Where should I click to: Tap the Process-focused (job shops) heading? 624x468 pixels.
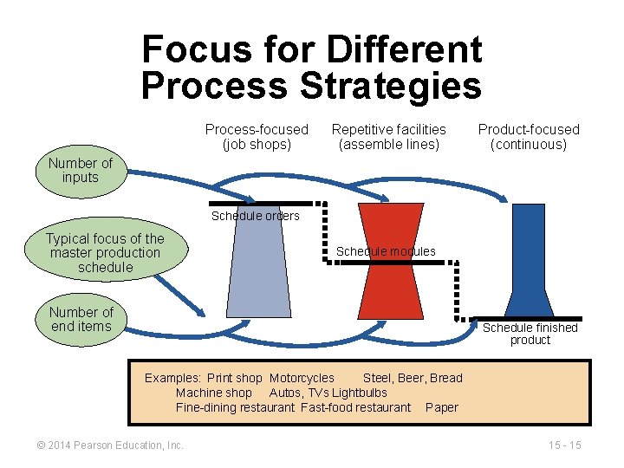pos(257,137)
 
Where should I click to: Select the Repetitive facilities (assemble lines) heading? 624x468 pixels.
pos(389,137)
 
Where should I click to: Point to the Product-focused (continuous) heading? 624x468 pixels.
pos(529,137)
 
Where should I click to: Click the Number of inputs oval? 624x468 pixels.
pos(81,171)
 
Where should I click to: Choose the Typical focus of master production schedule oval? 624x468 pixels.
pos(104,253)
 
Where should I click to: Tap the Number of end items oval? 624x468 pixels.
pos(81,319)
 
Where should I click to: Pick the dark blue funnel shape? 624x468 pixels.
pos(529,260)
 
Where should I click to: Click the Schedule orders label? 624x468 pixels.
pos(255,216)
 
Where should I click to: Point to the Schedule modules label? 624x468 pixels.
pos(386,251)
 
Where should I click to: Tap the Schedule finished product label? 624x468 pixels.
pos(530,334)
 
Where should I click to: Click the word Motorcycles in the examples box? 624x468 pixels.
pos(302,378)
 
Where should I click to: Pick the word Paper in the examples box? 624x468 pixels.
pos(442,407)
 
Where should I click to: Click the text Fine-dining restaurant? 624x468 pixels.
pos(235,407)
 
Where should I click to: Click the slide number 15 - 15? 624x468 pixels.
pos(564,445)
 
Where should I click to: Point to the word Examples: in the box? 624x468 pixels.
pos(172,378)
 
